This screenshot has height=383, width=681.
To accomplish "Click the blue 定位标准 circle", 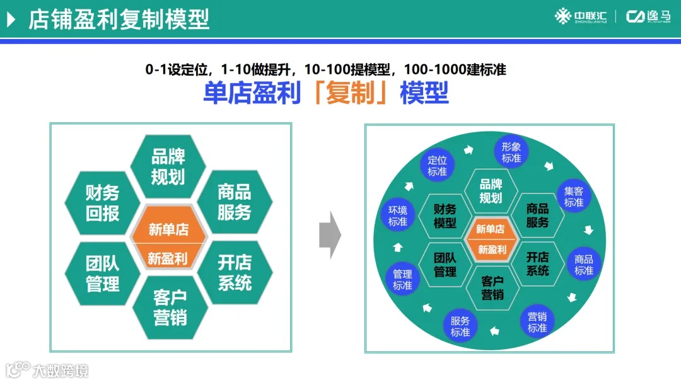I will click(x=437, y=166).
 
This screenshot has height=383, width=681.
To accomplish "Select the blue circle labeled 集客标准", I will click(x=574, y=197).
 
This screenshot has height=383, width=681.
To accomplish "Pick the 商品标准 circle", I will click(x=584, y=265).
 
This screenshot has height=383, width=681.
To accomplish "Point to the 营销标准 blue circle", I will click(x=537, y=322).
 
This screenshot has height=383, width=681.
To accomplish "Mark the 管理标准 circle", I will click(x=402, y=280).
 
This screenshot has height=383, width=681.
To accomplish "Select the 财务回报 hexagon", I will click(x=102, y=202).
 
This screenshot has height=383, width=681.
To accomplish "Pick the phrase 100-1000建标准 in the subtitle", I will click(x=455, y=69).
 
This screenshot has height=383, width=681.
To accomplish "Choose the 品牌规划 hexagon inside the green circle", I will click(x=491, y=191).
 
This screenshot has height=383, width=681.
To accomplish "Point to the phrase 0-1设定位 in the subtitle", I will click(x=178, y=69).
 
